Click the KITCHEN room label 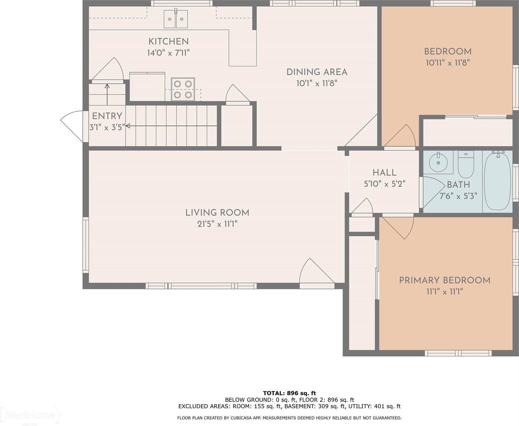click(x=168, y=41)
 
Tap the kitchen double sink click(x=175, y=19)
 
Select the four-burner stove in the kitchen click(x=183, y=89)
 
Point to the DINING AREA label click(x=317, y=72)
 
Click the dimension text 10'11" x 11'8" click(x=448, y=63)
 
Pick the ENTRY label click(x=107, y=116)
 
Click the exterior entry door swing click(x=72, y=124)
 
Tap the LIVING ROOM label click(x=217, y=213)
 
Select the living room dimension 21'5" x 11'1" click(x=217, y=224)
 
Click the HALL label click(x=384, y=173)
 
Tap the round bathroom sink click(x=438, y=163)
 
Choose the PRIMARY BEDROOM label click(x=445, y=280)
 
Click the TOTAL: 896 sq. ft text click(x=289, y=393)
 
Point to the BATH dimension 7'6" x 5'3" click(x=458, y=196)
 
